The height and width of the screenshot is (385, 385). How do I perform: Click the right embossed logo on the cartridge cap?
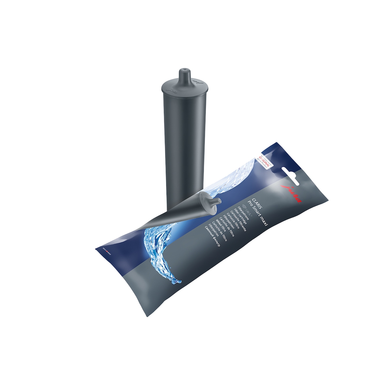(195, 80)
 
